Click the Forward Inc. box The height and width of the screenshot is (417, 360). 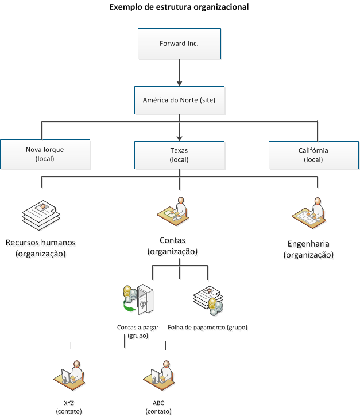(x=179, y=44)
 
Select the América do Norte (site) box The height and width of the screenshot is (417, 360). (x=179, y=100)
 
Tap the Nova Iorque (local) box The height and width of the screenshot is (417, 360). (x=45, y=154)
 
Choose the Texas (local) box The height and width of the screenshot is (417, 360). (x=179, y=155)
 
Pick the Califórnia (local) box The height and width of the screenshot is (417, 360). (x=313, y=154)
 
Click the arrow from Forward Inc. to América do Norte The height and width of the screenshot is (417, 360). (x=179, y=72)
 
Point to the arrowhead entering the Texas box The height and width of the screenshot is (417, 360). (x=179, y=137)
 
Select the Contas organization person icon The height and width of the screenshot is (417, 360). (x=173, y=211)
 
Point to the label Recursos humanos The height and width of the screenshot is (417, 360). (x=40, y=242)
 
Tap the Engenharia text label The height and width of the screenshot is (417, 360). (x=308, y=243)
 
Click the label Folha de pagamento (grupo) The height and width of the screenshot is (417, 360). (x=207, y=328)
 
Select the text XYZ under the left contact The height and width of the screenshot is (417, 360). (x=69, y=403)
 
